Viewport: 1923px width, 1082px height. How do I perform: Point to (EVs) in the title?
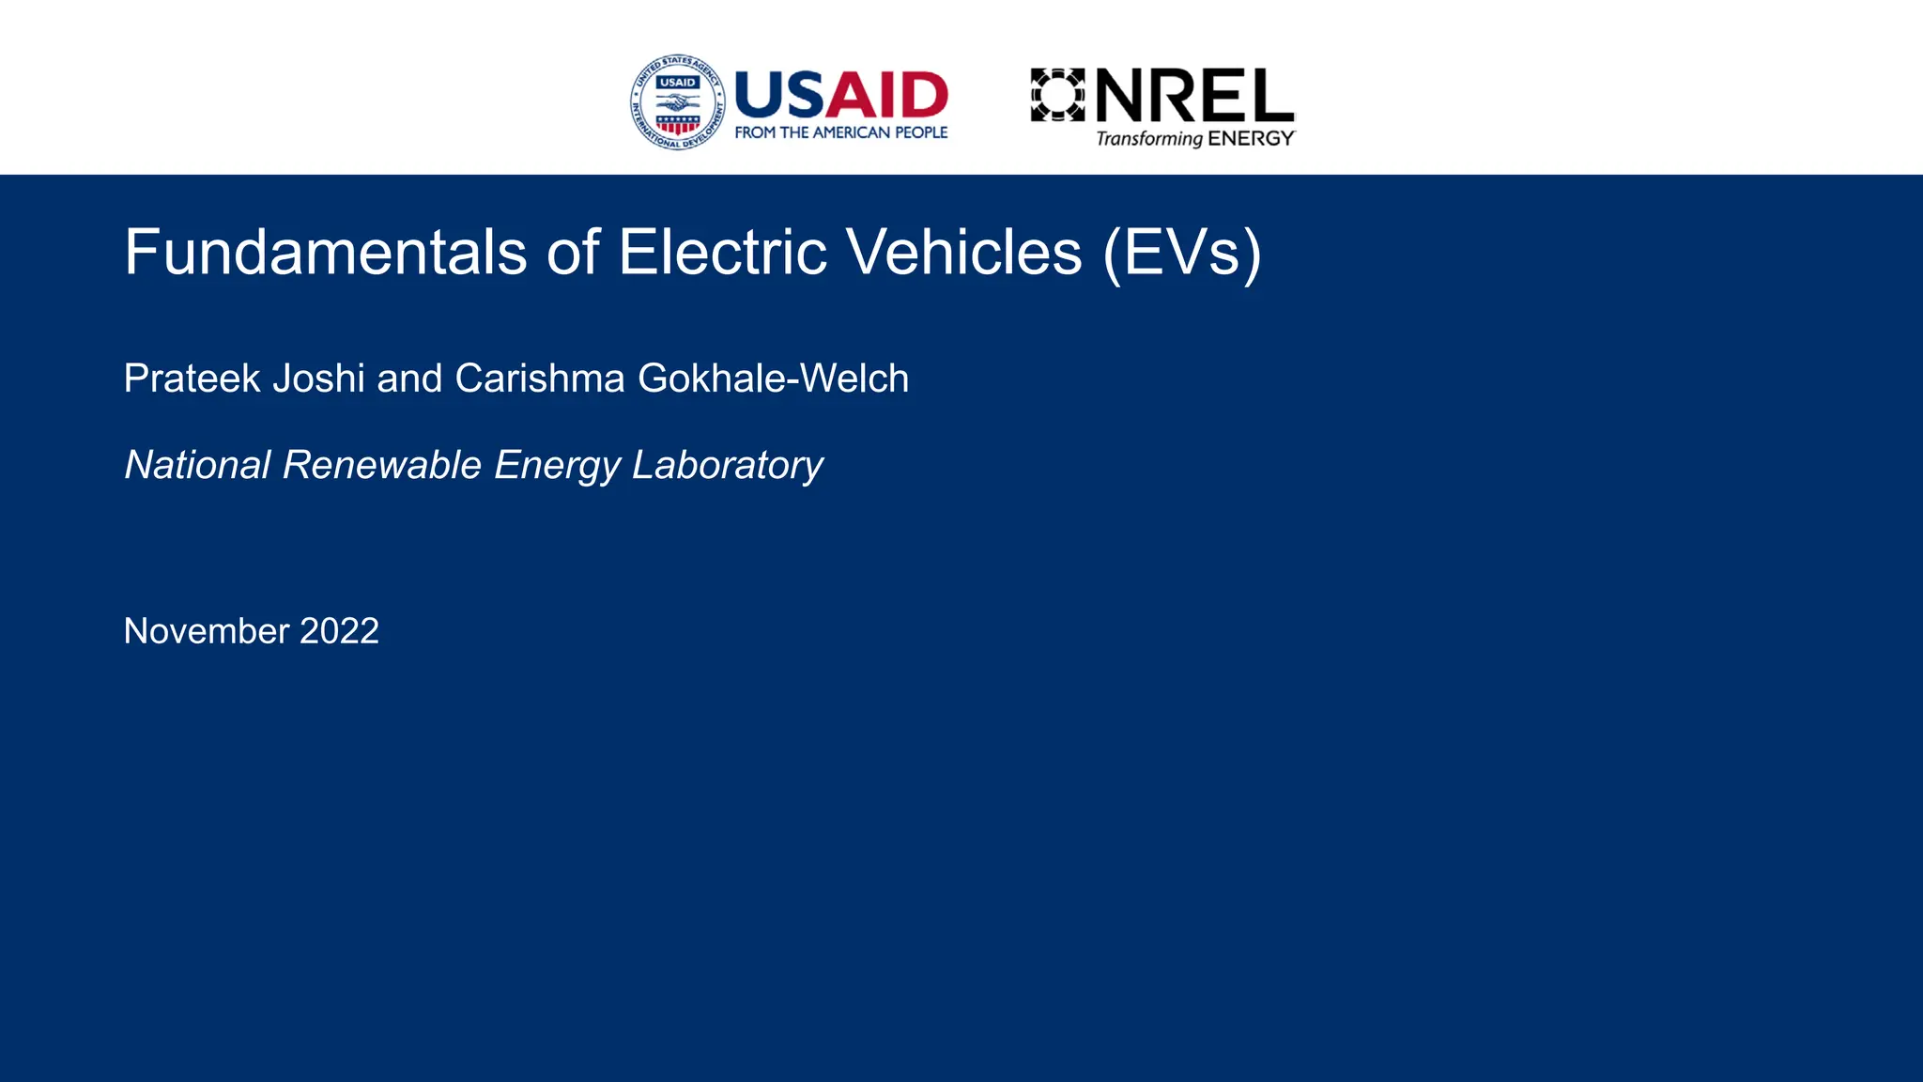tap(1182, 254)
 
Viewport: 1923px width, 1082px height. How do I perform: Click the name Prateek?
tap(192, 379)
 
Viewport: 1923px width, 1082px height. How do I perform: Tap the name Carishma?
tap(540, 379)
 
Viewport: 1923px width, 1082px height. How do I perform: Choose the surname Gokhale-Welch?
tap(773, 379)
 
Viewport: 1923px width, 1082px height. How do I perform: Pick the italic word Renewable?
tap(382, 465)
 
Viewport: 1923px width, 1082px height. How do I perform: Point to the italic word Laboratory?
tap(727, 466)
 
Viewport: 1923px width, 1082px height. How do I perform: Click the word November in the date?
tap(207, 631)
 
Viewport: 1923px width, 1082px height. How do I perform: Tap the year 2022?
tap(339, 631)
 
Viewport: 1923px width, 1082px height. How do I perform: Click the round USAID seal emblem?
tap(678, 102)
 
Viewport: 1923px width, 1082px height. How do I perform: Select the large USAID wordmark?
tap(841, 95)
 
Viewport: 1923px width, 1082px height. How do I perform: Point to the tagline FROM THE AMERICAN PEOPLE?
tap(841, 133)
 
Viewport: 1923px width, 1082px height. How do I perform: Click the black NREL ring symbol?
tap(1058, 95)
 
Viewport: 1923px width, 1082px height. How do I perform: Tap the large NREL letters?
tap(1195, 95)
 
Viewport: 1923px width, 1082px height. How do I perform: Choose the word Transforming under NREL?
tap(1149, 139)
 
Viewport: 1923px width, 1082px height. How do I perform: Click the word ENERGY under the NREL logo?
tap(1251, 139)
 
